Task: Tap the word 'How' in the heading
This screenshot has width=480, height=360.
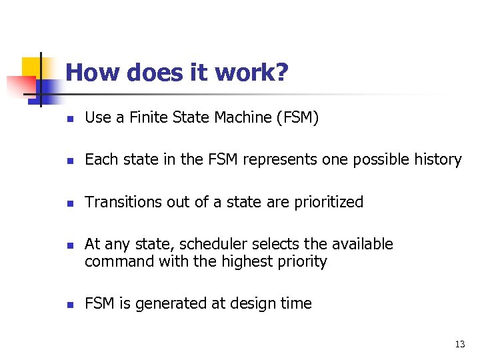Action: [x=90, y=73]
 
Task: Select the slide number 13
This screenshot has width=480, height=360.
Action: [x=459, y=344]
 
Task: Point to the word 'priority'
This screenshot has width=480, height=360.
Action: [x=299, y=261]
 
